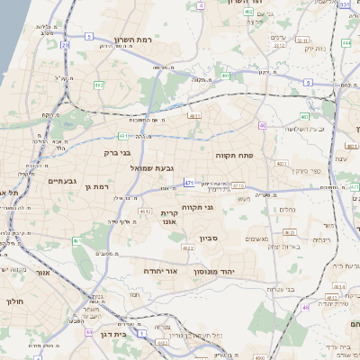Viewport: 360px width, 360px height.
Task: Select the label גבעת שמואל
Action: (x=146, y=167)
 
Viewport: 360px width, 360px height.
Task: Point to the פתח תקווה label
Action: (x=234, y=156)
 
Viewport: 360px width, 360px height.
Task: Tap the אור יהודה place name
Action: (x=162, y=270)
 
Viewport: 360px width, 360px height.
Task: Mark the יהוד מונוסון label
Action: (x=214, y=270)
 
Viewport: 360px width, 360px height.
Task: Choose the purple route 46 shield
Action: (x=305, y=308)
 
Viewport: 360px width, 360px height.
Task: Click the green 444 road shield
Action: (x=346, y=42)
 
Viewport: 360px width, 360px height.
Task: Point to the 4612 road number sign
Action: (x=143, y=211)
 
